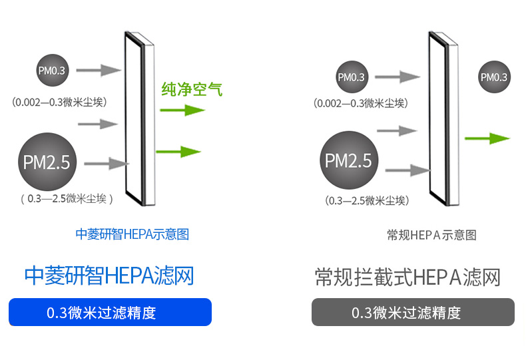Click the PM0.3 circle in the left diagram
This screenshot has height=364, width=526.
point(52,70)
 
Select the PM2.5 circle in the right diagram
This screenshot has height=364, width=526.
point(352,161)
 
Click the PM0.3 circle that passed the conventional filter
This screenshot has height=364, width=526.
point(494,77)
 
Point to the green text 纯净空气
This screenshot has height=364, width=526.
point(190,88)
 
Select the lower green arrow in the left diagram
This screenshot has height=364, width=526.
point(178,151)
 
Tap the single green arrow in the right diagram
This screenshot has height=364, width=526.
point(487,138)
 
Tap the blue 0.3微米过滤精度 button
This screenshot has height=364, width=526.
point(110,312)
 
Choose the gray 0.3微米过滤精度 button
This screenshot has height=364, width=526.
point(413,312)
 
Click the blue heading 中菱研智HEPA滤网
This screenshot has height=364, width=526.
point(109,275)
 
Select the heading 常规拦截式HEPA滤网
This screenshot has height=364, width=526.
point(407,277)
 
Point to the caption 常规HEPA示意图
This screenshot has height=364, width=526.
point(431,235)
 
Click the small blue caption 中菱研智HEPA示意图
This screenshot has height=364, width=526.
point(132,234)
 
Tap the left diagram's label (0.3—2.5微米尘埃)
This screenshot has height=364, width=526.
point(66,198)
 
